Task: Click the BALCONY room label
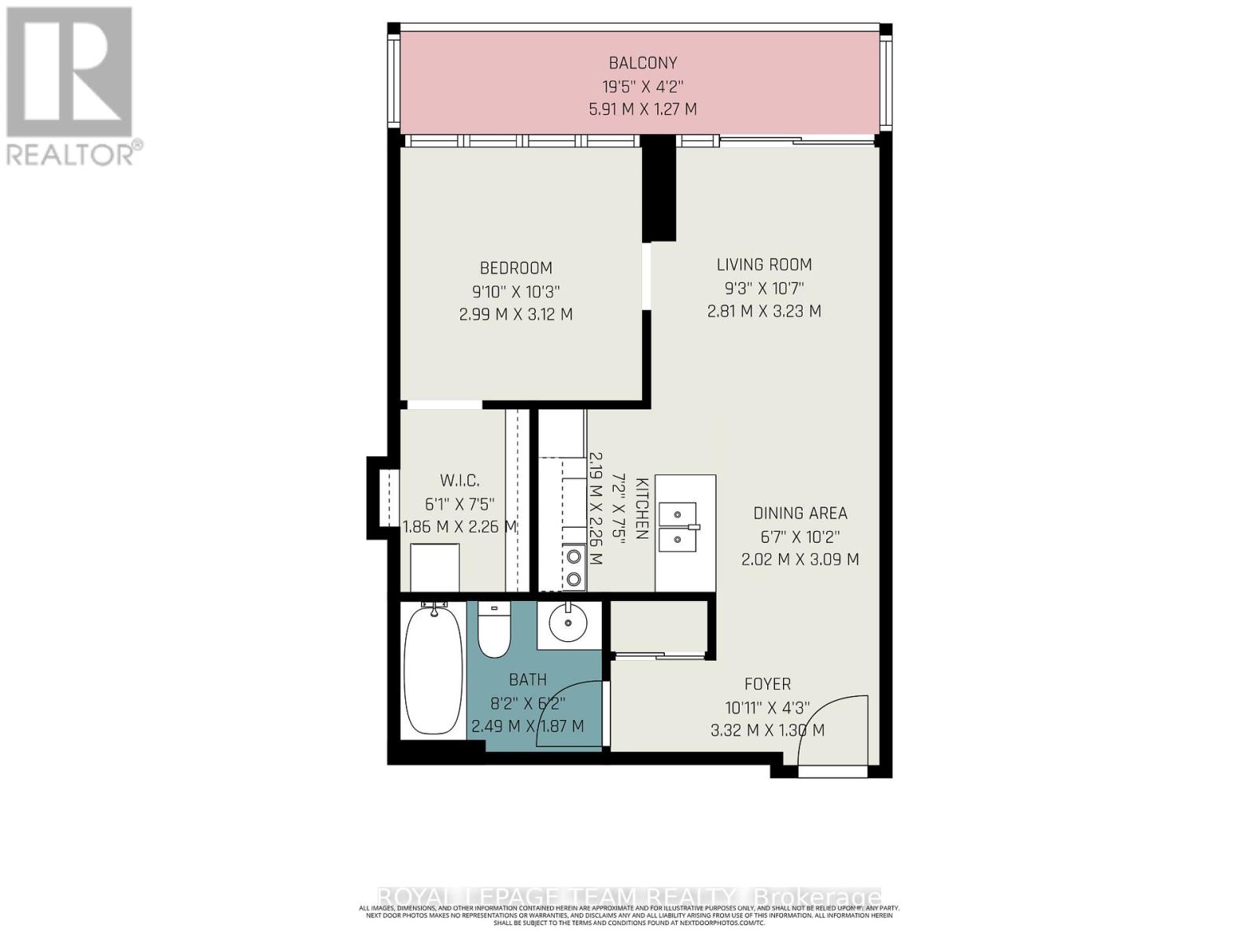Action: click(642, 63)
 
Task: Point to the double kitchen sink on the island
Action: click(677, 528)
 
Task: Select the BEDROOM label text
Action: click(516, 268)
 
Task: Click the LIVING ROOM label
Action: click(764, 265)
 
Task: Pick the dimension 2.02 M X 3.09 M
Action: click(799, 560)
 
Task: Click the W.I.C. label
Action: click(460, 481)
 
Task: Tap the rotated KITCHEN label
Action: click(641, 508)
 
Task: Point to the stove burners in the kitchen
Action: click(574, 568)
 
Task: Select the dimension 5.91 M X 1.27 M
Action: click(642, 109)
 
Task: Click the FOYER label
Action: click(767, 684)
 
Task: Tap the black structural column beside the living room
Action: click(659, 189)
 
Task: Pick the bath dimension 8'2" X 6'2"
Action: click(527, 703)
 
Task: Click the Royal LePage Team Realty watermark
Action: click(629, 897)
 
